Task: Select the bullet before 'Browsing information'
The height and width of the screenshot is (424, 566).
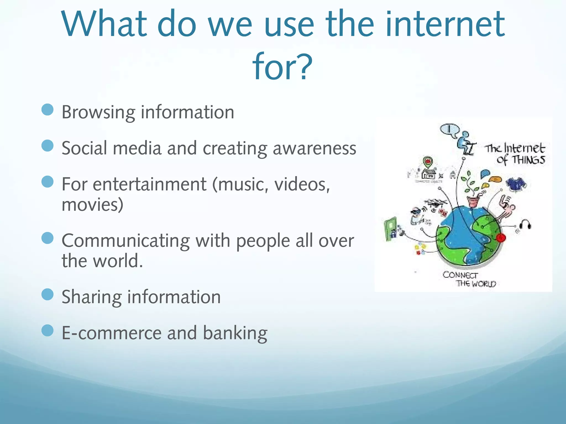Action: [47, 110]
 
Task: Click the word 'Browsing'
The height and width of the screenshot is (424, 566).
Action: [98, 113]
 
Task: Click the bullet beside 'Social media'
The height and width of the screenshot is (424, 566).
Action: [47, 146]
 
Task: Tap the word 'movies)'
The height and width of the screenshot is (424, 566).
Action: [92, 205]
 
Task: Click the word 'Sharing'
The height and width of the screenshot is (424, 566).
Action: [91, 297]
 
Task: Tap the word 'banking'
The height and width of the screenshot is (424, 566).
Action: [235, 333]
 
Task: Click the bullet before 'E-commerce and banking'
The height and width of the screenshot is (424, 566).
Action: [47, 330]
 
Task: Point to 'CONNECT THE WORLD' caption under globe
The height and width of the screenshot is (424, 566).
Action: [469, 279]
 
